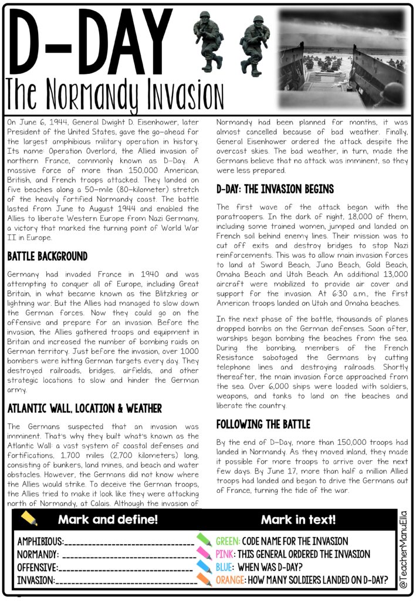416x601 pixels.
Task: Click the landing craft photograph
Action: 342,57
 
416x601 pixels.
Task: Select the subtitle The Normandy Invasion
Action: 111,94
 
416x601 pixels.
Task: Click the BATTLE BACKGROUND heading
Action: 48,256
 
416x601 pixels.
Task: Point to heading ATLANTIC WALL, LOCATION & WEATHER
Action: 84,408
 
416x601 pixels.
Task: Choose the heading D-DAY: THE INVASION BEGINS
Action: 275,189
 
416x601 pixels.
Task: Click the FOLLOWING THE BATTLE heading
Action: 263,424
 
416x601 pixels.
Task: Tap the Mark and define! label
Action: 108,519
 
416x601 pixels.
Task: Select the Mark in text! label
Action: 298,519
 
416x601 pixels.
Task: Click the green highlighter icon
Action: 204,539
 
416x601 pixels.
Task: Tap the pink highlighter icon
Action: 204,553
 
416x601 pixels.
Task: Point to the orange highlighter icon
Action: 204,579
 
